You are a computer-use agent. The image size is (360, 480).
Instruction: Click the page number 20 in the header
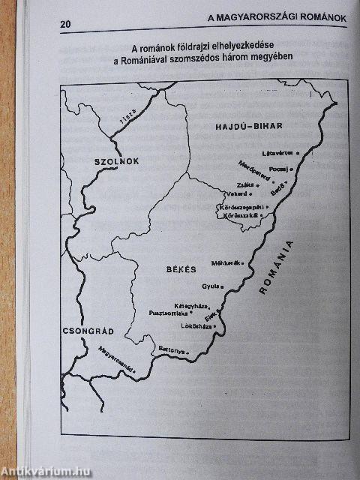click(66, 24)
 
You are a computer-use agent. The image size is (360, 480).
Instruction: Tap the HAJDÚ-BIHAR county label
click(244, 130)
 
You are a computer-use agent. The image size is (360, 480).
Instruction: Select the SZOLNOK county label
click(118, 161)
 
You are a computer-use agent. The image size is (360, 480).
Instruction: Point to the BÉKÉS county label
click(180, 268)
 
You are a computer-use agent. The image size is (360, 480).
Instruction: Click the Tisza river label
click(129, 116)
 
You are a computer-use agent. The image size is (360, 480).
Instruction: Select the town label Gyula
click(211, 286)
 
